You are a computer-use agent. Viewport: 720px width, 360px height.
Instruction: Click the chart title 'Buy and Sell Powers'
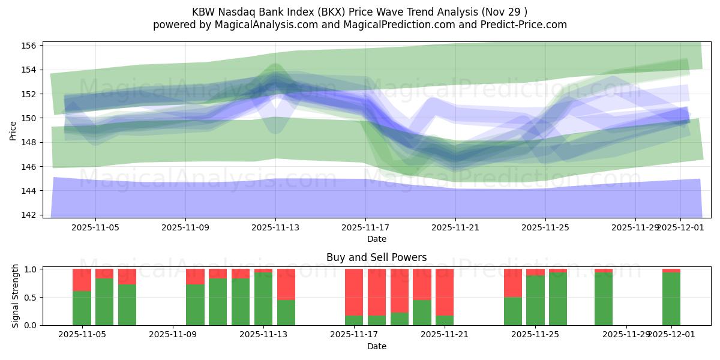pyautogui.click(x=376, y=257)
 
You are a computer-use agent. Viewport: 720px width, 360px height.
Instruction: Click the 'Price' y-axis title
pyautogui.click(x=13, y=130)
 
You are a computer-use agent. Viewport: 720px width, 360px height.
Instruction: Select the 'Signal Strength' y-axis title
pyautogui.click(x=16, y=297)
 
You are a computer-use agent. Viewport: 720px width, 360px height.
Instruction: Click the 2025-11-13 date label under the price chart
pyautogui.click(x=275, y=227)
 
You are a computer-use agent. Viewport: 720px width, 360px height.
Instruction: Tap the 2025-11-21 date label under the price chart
pyautogui.click(x=455, y=227)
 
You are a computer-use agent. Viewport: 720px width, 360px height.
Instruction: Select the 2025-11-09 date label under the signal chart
pyautogui.click(x=173, y=335)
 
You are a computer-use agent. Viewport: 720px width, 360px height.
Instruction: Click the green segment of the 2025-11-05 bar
pyautogui.click(x=82, y=308)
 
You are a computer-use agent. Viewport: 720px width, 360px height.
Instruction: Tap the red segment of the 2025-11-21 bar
pyautogui.click(x=445, y=292)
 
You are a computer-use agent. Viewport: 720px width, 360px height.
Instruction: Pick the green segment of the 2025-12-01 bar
pyautogui.click(x=671, y=299)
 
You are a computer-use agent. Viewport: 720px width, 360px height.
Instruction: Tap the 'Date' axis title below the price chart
pyautogui.click(x=376, y=239)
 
